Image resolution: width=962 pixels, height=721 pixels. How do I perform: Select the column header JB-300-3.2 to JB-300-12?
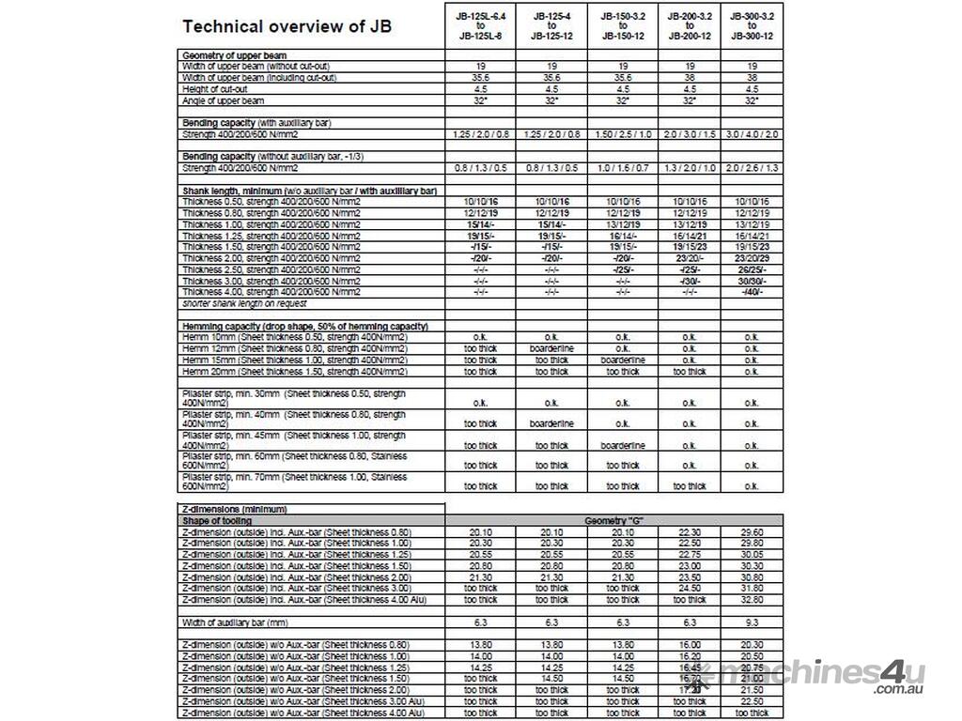click(x=751, y=25)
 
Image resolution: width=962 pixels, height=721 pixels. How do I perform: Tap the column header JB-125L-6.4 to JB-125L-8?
click(x=480, y=25)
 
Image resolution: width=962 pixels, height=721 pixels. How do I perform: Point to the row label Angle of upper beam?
click(x=224, y=100)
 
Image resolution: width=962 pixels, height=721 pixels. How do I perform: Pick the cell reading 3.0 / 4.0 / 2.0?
click(x=751, y=134)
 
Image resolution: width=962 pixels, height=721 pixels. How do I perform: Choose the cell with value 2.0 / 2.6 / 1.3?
click(x=751, y=168)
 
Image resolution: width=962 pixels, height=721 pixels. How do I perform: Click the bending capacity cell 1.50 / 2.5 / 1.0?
click(x=622, y=134)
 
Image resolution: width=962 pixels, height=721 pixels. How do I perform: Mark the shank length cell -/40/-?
click(x=751, y=292)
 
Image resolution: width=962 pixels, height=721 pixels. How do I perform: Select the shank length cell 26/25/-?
click(x=751, y=269)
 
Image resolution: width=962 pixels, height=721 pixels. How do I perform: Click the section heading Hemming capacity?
click(x=305, y=326)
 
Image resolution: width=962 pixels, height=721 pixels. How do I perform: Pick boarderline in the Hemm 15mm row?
click(x=622, y=360)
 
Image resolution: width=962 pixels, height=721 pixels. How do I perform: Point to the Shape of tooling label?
click(x=217, y=520)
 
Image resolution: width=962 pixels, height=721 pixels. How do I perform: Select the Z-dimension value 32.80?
click(x=751, y=599)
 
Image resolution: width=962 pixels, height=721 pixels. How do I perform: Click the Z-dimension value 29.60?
click(x=751, y=531)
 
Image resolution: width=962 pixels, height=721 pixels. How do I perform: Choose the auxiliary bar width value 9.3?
click(x=751, y=621)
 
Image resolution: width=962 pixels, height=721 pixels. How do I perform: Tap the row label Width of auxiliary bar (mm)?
click(x=235, y=621)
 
